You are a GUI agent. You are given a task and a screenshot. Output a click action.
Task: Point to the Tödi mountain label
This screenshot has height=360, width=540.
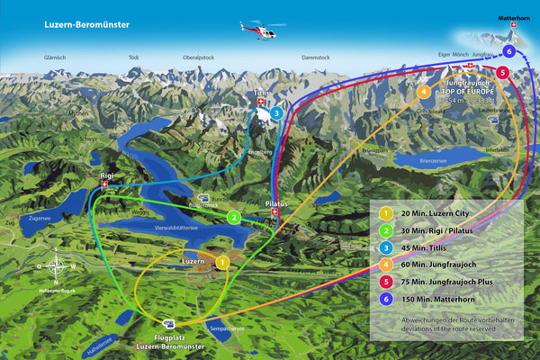(x=134, y=57)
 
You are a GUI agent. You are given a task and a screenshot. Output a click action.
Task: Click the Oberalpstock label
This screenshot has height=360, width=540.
(x=198, y=57)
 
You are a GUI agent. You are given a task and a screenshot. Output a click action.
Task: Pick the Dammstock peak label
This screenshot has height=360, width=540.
(x=316, y=57)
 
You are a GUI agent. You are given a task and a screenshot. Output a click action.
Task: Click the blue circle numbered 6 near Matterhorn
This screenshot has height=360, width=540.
(x=508, y=51)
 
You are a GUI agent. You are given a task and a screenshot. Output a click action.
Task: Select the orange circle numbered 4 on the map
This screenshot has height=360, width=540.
(x=424, y=91)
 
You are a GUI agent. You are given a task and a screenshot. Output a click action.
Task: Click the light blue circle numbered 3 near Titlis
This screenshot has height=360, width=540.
(x=276, y=113)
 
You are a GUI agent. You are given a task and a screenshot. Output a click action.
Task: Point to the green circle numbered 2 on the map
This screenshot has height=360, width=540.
(x=233, y=217)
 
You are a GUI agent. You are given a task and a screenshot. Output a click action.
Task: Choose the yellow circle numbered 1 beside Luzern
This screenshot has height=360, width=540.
(x=221, y=262)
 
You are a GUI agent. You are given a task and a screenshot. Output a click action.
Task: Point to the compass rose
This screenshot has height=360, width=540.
(x=57, y=265)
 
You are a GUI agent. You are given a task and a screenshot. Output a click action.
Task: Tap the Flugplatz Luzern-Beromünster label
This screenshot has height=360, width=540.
(x=169, y=340)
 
